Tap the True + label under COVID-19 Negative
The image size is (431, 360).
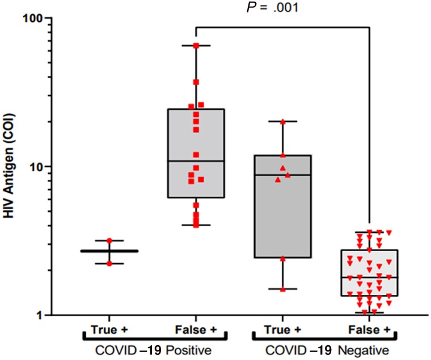(x=282, y=330)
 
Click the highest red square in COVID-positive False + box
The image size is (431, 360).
(x=196, y=45)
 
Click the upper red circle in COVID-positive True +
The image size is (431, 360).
(x=109, y=241)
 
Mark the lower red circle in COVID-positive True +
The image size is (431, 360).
(x=109, y=264)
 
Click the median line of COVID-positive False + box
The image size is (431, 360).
(x=196, y=161)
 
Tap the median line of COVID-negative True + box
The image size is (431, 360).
(x=282, y=175)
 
